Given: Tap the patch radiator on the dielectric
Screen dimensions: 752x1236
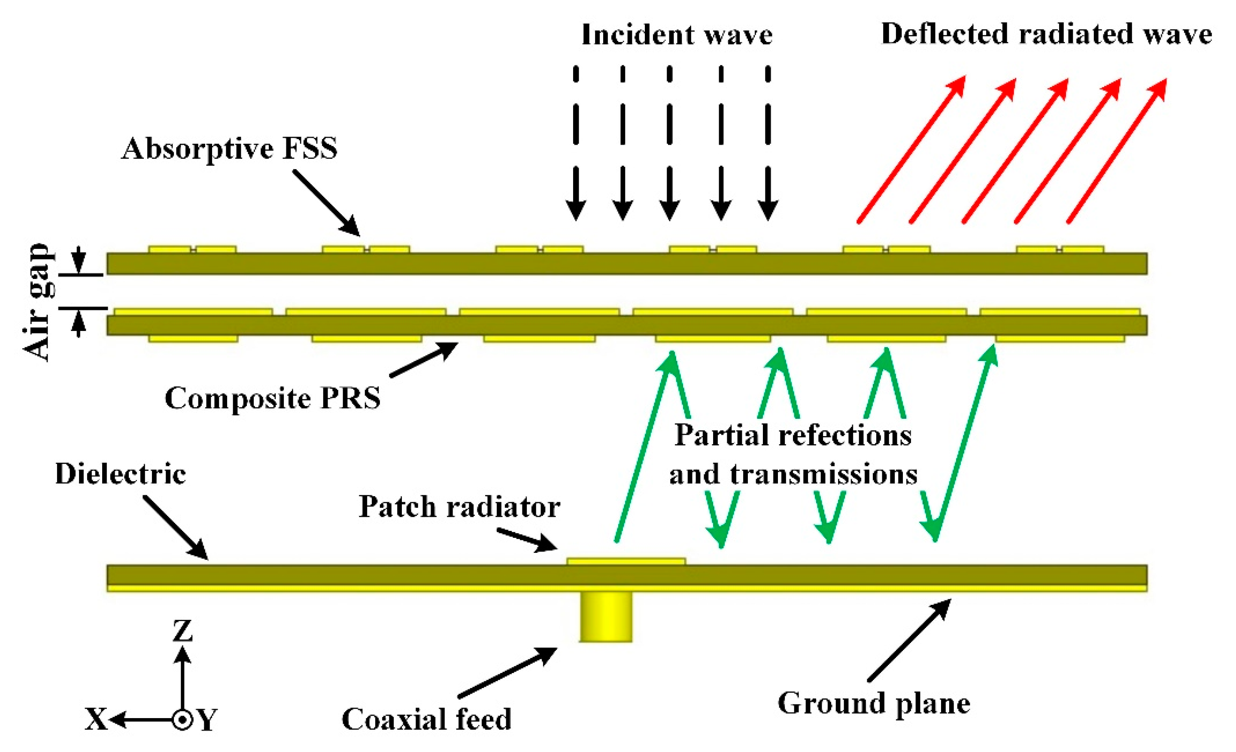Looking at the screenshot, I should click(x=626, y=561).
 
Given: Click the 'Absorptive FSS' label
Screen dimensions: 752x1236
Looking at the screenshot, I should click(x=229, y=149).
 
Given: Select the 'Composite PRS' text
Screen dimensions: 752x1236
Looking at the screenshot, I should click(x=272, y=399).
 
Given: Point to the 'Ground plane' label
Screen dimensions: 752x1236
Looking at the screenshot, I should click(x=874, y=703).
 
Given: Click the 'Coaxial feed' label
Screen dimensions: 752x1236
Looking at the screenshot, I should click(x=426, y=719).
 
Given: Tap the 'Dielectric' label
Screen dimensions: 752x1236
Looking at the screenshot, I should click(x=120, y=474).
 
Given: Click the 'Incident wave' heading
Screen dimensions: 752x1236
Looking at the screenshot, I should click(x=677, y=35).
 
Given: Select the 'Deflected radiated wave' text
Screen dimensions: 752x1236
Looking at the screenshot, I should click(x=1046, y=34).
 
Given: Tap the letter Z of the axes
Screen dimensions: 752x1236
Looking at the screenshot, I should click(x=182, y=631).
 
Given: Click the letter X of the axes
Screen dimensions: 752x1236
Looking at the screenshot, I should click(x=95, y=719).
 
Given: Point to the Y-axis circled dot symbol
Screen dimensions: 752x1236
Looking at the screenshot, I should click(x=182, y=720).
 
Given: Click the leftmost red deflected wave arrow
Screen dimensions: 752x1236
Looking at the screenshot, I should click(x=911, y=151).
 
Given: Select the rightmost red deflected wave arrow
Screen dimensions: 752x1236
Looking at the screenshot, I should click(x=1117, y=151).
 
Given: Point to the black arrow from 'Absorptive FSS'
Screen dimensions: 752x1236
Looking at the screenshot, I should click(x=326, y=203).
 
